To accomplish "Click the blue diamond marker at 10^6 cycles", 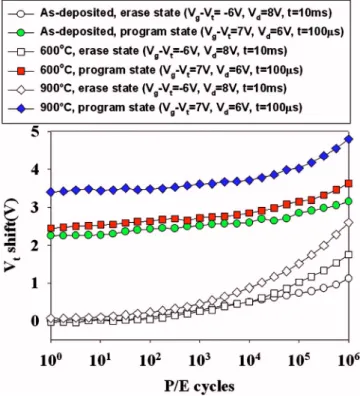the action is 349,139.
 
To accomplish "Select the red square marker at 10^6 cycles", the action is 349,183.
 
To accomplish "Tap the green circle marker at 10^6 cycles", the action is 349,201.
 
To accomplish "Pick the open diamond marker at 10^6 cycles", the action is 349,223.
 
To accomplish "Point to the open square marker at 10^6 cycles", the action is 349,255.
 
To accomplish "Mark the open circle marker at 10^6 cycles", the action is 349,278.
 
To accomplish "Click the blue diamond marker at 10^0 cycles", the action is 51,192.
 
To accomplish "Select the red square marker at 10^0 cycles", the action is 51,229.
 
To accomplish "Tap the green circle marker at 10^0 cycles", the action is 51,235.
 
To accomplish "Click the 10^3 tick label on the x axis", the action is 200,360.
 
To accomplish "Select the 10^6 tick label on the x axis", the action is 348,360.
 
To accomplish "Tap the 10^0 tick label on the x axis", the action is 52,360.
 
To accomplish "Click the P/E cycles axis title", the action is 199,386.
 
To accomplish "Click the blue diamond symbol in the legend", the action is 22,108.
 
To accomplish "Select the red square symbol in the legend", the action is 22,71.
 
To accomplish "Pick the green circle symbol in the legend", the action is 22,33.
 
